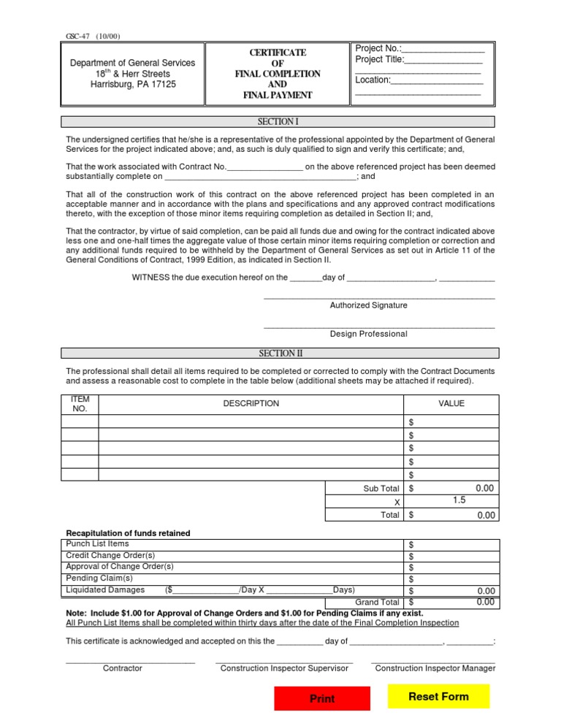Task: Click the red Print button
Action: point(322,699)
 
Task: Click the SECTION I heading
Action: point(278,122)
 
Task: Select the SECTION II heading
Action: point(280,354)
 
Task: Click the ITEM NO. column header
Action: point(80,403)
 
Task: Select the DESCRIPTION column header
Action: point(251,403)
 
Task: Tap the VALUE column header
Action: point(451,403)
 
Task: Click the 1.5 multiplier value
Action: point(459,501)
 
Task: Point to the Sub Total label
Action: point(381,489)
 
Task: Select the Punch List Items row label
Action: point(97,544)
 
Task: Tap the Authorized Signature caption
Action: point(369,305)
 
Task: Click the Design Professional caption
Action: point(369,334)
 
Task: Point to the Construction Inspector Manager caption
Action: point(435,668)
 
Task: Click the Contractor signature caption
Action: point(123,668)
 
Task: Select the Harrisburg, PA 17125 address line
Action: point(133,84)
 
